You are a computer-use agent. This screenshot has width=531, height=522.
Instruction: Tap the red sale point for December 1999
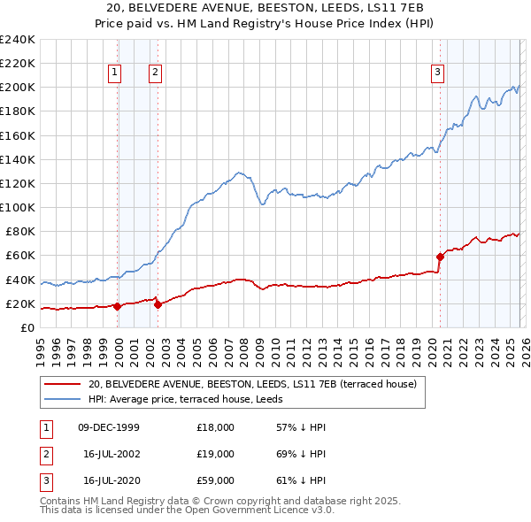117,306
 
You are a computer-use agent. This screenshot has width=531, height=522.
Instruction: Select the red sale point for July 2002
158,305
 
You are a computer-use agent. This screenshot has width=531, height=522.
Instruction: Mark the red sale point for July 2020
440,257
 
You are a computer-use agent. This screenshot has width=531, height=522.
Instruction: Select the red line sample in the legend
63,384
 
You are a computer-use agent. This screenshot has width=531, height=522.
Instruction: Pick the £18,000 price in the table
216,427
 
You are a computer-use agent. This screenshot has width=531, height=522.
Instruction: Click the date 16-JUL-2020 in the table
109,480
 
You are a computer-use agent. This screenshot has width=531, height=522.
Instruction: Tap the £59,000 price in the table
216,480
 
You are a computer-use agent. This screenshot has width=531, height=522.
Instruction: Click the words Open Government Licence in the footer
251,510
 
